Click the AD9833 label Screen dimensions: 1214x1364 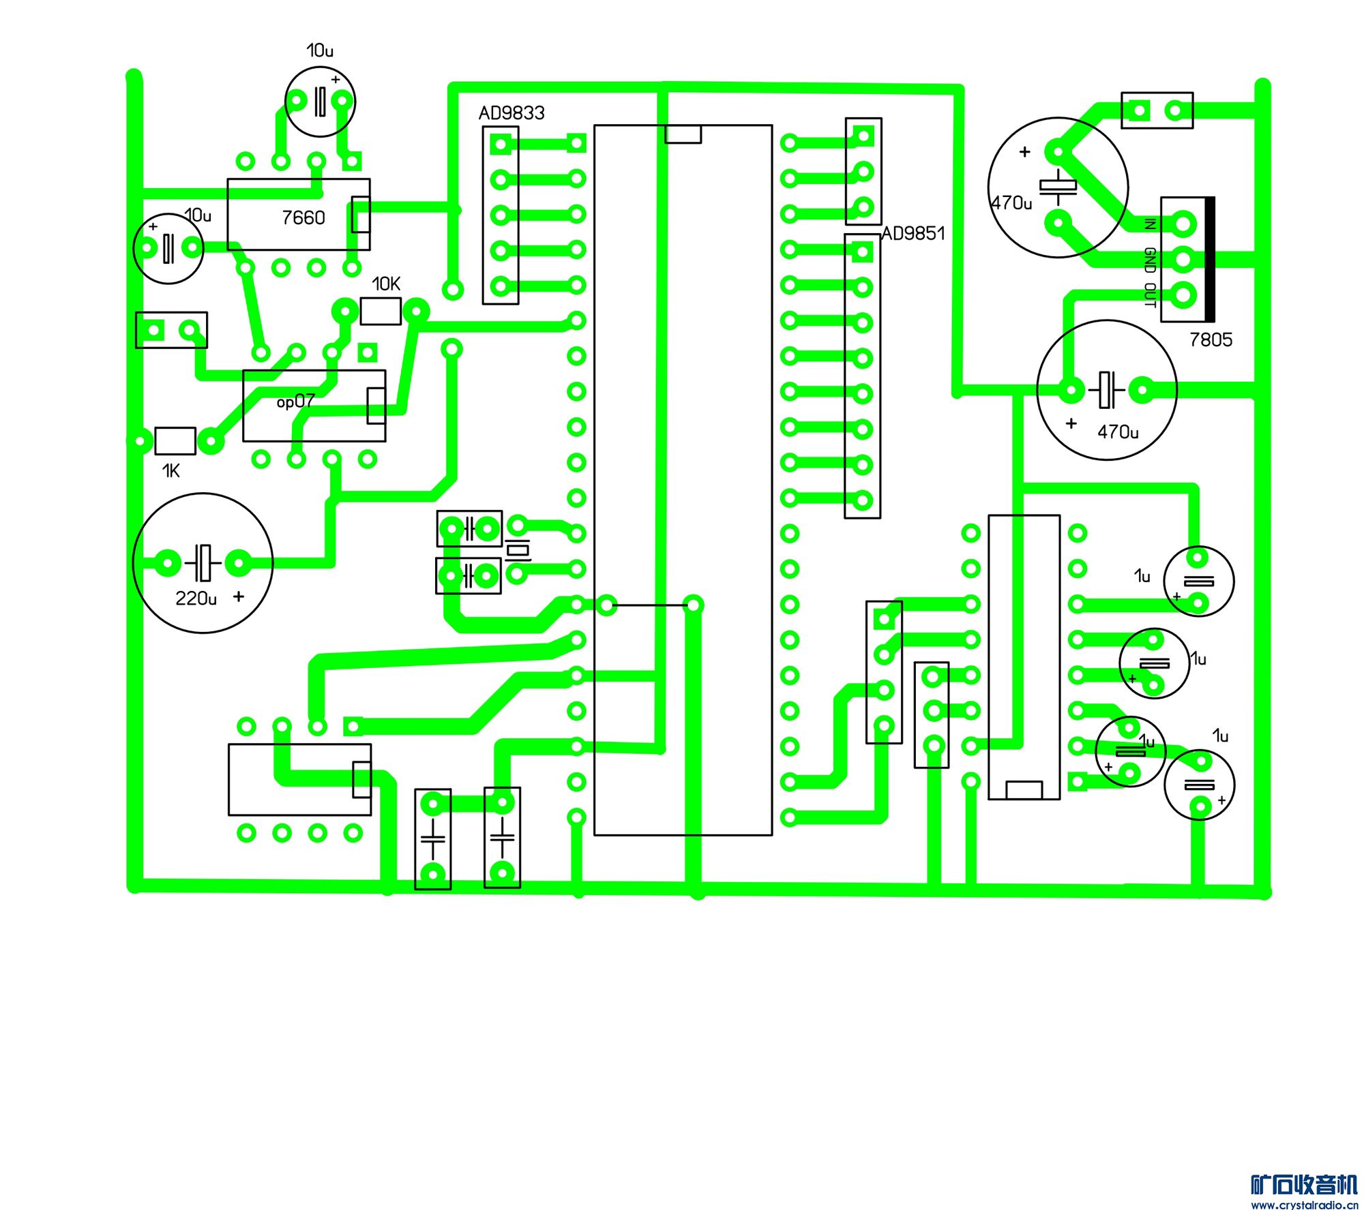tap(512, 113)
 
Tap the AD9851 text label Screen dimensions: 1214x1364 tap(913, 234)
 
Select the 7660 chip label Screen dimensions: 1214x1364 tap(303, 218)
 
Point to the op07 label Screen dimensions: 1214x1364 tap(295, 402)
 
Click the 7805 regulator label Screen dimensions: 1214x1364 tap(1211, 339)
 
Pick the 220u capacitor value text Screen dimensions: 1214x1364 tap(196, 598)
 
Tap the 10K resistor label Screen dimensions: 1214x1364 tap(386, 284)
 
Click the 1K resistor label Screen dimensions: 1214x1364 tap(170, 471)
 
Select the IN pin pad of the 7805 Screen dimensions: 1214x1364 tap(1184, 224)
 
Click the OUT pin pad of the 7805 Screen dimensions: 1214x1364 tap(1184, 295)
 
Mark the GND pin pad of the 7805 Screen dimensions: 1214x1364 tap(1184, 260)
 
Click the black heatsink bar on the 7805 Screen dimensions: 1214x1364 tap(1210, 259)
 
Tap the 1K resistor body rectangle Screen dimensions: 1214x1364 tap(175, 441)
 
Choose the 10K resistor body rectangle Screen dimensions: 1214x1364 tap(381, 312)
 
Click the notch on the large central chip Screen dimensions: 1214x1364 tap(683, 134)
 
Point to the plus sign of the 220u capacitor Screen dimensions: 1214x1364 tap(239, 596)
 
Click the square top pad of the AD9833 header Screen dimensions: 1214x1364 tap(501, 145)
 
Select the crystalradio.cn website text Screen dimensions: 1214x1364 tap(1304, 1205)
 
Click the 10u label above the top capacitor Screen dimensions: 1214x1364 tap(320, 50)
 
